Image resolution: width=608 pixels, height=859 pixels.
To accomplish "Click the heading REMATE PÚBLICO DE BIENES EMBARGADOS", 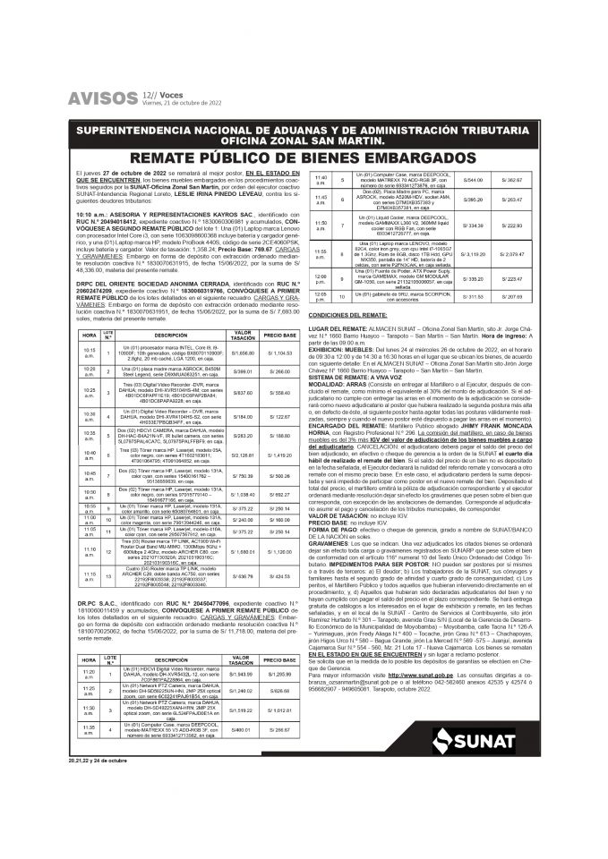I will click(304, 157).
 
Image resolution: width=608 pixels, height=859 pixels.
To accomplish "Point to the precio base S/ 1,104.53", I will click(279, 353).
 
